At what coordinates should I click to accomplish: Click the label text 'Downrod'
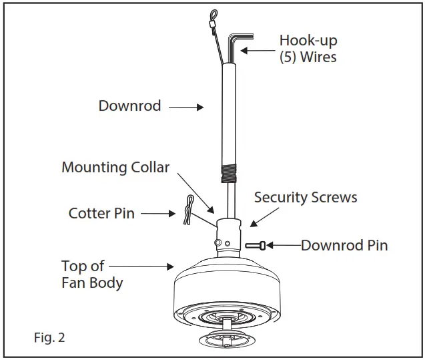[x=129, y=106]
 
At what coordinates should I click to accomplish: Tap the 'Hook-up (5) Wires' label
[x=308, y=49]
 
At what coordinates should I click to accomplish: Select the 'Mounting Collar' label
[x=115, y=167]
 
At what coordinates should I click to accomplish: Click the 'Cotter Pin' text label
[x=101, y=214]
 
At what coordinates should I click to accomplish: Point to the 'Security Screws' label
[x=306, y=198]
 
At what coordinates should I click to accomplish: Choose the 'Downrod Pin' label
[x=344, y=245]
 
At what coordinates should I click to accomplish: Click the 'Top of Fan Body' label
[x=92, y=275]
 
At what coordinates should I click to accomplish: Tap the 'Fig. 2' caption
[x=49, y=337]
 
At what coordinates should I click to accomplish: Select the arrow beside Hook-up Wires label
[x=258, y=50]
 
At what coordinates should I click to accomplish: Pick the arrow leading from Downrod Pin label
[x=283, y=245]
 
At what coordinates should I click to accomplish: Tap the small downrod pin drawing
[x=256, y=245]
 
